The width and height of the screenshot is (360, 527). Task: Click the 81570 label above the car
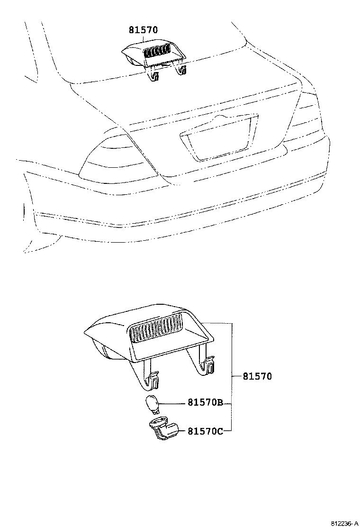[x=143, y=30]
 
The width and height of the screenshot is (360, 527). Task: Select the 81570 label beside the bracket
[x=257, y=376]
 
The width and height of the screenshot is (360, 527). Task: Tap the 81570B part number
[x=205, y=402]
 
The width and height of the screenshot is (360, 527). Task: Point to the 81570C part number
[x=205, y=431]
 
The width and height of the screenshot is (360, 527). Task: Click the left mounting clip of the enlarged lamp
[x=153, y=379]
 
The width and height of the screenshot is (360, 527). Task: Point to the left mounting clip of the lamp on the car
[x=154, y=74]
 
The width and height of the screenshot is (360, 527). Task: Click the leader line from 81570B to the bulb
[x=173, y=403]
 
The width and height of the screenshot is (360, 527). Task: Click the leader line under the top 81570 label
[x=144, y=39]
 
